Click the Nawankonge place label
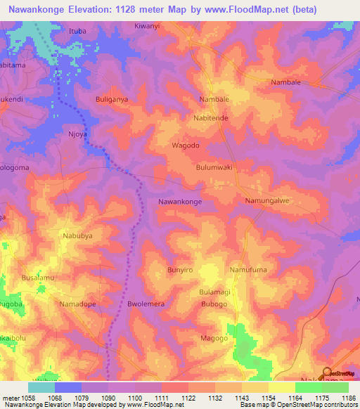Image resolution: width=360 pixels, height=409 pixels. coord(180,202)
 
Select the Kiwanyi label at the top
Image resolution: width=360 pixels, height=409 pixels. coord(148,25)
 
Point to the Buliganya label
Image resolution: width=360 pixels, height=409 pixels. coord(112,100)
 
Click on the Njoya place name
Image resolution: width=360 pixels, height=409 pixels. coord(76,132)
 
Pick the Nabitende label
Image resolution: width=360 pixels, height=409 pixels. coord(211,118)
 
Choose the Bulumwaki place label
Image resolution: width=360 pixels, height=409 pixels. coord(214,168)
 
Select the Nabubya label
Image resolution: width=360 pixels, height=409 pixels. coord(78,236)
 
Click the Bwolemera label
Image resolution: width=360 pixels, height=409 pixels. coord(146,304)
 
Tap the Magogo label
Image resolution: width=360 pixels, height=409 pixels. coord(214,338)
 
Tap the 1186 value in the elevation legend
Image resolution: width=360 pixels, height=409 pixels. coord(349,398)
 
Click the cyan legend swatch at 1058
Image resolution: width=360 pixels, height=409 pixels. coord(41,387)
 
